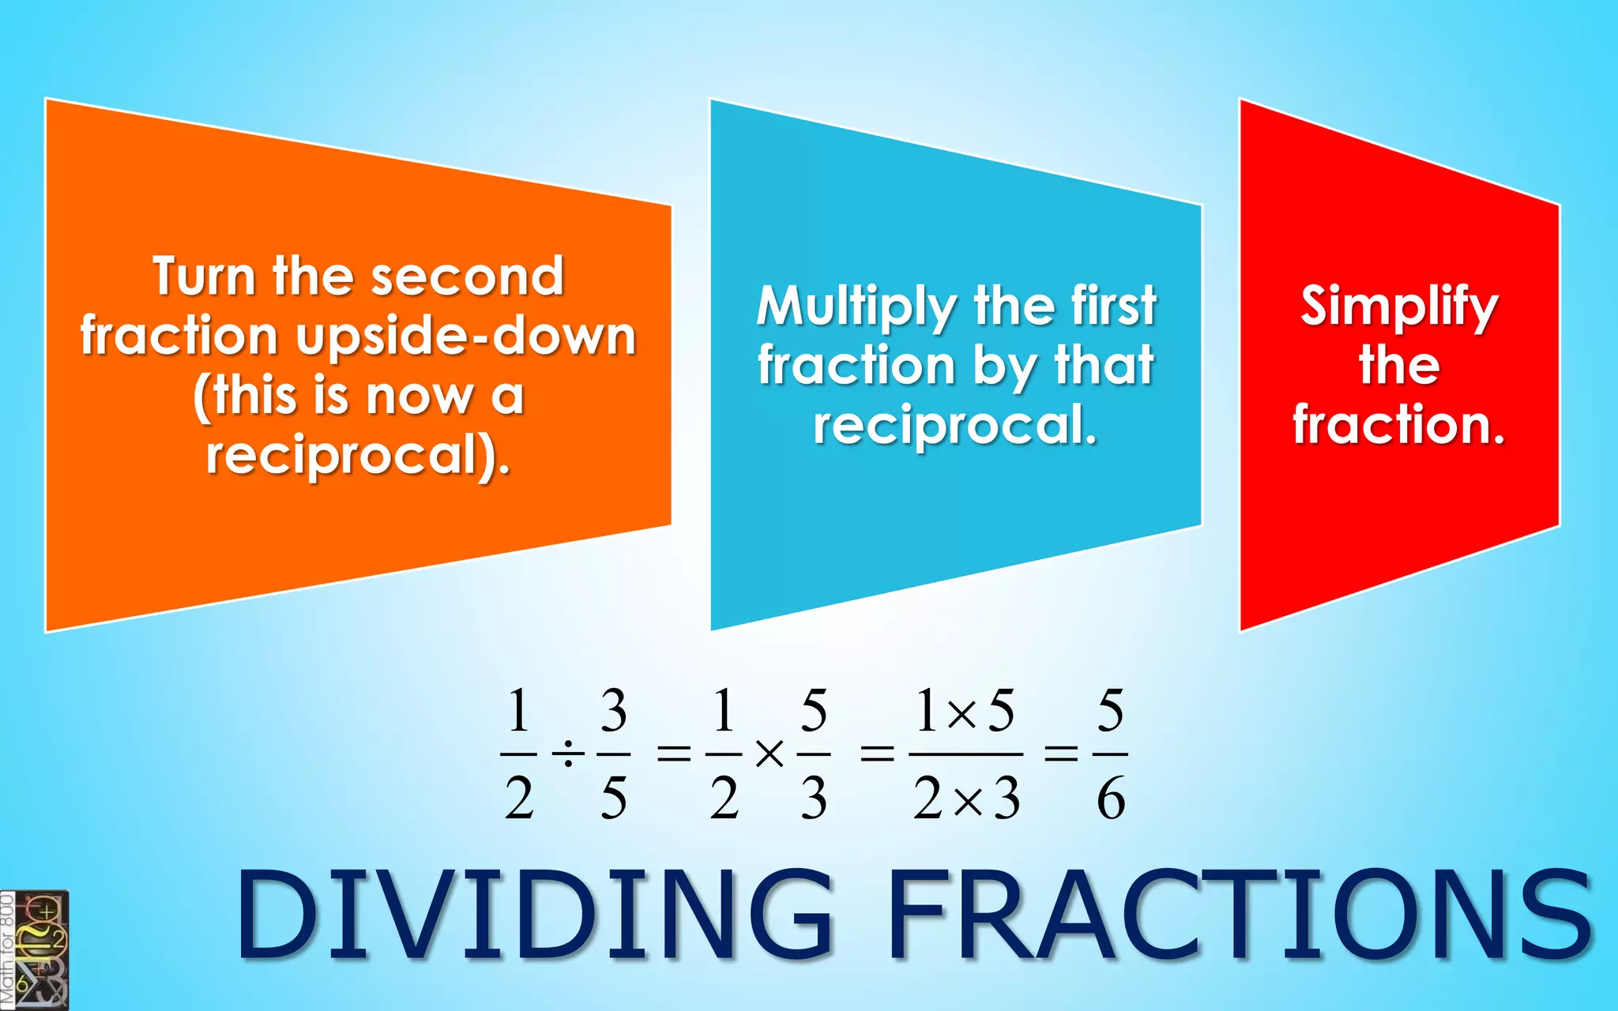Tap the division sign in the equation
(567, 755)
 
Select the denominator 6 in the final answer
(1110, 799)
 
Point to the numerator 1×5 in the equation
(965, 710)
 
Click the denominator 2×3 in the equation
(966, 799)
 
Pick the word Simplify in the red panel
(1399, 306)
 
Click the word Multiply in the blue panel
(856, 306)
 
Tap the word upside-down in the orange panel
(466, 336)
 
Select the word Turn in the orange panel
(205, 276)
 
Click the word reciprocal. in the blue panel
(955, 426)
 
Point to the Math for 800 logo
(34, 950)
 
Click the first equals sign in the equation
(674, 755)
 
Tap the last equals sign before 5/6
(1061, 755)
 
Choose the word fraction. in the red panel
(1399, 425)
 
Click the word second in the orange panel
(467, 276)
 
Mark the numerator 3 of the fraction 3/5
(613, 710)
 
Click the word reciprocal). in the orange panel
(358, 456)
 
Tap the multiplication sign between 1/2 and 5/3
(769, 755)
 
